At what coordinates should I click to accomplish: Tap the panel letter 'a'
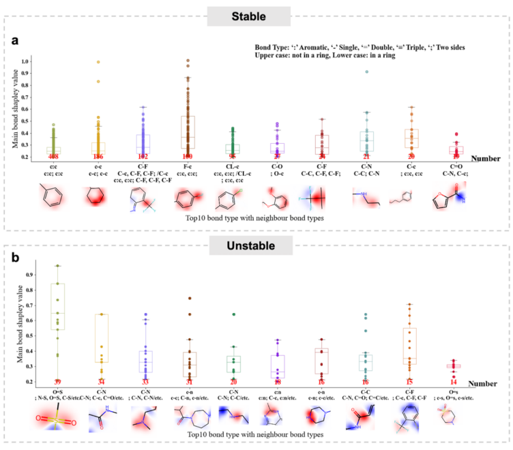coord(14,41)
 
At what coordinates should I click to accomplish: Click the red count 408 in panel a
coord(53,157)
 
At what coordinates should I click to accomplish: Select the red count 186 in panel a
coord(100,157)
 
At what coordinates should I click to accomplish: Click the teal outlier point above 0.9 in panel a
coord(366,72)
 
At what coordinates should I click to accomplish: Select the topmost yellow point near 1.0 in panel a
coord(100,62)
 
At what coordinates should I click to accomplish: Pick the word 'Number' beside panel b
coord(486,384)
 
